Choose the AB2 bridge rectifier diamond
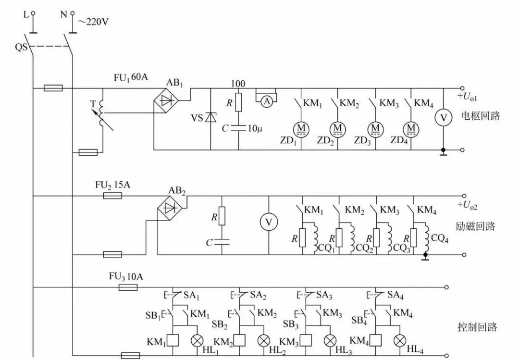[169, 208]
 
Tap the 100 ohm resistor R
[239, 103]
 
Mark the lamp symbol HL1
[197, 340]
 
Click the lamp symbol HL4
[400, 340]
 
